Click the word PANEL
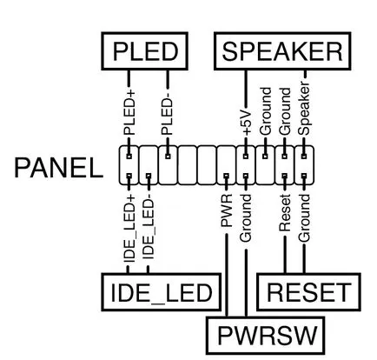(x=58, y=168)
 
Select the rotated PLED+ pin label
(x=129, y=113)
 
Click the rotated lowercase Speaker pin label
(x=304, y=109)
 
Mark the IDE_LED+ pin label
(x=129, y=229)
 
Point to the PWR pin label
(x=227, y=210)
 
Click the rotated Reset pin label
(x=285, y=213)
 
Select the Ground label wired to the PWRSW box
(x=246, y=218)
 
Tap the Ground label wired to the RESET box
(x=304, y=218)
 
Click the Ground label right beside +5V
(x=266, y=111)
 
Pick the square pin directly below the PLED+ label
(x=129, y=157)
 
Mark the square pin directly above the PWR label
(x=227, y=176)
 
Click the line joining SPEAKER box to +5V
(x=247, y=90)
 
